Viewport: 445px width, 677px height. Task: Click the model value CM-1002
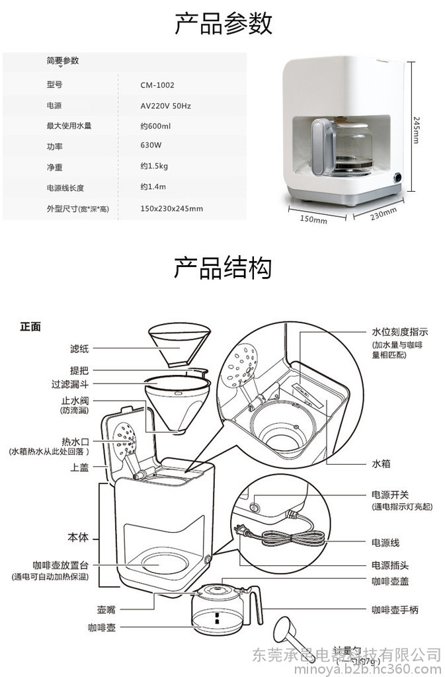point(157,85)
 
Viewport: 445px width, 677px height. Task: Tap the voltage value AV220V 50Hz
point(166,106)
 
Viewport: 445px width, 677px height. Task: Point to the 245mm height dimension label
point(416,130)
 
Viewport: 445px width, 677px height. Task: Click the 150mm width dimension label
point(313,219)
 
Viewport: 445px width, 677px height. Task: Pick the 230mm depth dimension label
point(383,215)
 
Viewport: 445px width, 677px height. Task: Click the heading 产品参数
point(223,24)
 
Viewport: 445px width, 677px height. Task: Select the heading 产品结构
point(223,268)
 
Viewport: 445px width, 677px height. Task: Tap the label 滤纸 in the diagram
point(79,348)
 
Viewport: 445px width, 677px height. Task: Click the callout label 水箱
point(382,463)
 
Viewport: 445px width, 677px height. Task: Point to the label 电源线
point(385,543)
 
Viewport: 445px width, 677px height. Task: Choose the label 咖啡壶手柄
point(395,610)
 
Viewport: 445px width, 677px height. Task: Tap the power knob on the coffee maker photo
point(398,177)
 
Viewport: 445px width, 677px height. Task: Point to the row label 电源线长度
point(65,188)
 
